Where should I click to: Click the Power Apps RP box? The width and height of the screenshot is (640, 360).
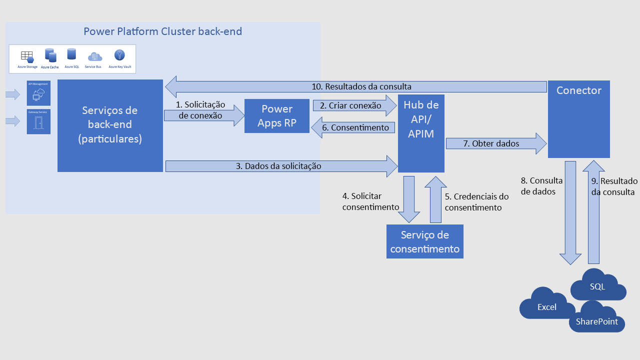pos(276,116)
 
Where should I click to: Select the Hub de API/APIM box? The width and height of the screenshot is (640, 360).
pos(421,133)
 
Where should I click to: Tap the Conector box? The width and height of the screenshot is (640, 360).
pos(578,119)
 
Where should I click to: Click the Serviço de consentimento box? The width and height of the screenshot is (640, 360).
pos(424,241)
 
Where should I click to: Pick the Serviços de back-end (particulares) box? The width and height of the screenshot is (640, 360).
pos(110,125)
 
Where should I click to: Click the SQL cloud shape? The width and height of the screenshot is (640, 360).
pos(597,286)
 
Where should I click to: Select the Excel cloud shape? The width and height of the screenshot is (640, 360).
pos(546,306)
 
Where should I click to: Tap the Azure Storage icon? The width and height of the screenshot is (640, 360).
pos(27,56)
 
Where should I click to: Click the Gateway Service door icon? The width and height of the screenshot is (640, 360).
pos(38,122)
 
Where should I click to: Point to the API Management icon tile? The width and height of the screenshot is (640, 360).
pos(38,93)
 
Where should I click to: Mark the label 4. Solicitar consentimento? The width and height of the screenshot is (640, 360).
pos(370,201)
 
